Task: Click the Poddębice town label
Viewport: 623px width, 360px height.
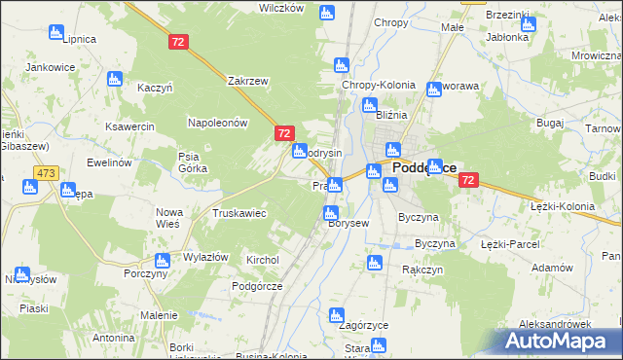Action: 424,167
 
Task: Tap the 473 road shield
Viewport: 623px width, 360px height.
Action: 45,172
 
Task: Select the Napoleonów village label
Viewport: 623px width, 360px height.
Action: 219,123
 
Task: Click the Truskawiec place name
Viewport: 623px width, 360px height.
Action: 239,213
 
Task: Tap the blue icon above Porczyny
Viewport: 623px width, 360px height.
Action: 162,260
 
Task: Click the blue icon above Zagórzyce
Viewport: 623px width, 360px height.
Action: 337,314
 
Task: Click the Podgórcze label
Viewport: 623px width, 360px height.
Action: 256,286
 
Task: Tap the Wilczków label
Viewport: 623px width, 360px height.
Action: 281,8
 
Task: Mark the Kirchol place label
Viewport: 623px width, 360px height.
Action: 263,261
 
